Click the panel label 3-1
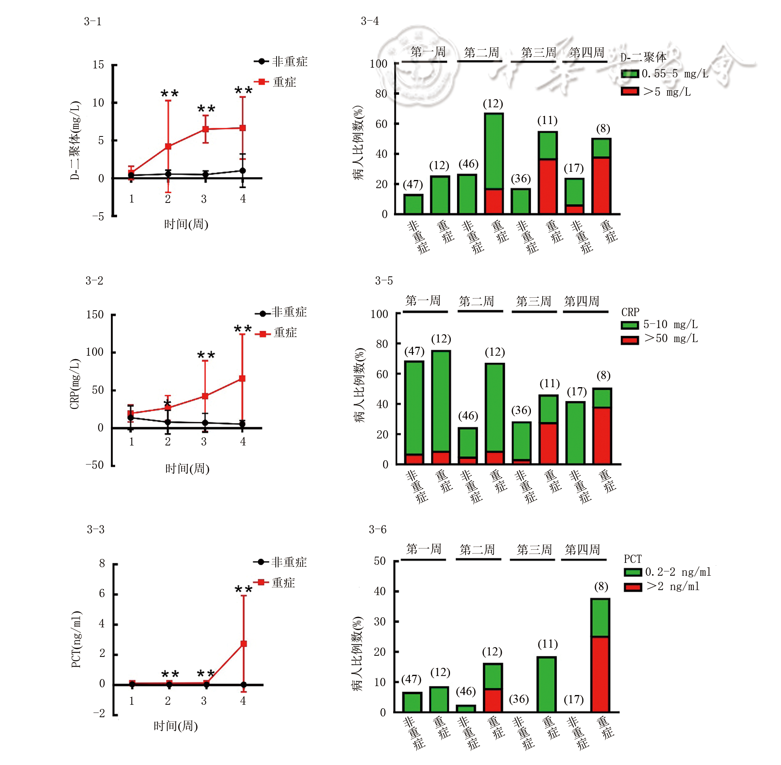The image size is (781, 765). [x=93, y=22]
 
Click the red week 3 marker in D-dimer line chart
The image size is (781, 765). [x=205, y=129]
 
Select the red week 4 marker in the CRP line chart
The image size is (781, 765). [x=242, y=379]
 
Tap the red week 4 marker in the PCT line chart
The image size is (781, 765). [x=243, y=644]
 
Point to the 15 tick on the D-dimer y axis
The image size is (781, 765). [x=98, y=65]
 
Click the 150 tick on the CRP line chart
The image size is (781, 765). [x=95, y=314]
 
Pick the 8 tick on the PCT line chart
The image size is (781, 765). [x=102, y=563]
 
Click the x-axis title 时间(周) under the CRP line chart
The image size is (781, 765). [x=187, y=468]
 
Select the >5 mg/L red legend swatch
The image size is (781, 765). [x=629, y=92]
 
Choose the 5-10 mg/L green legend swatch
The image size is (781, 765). [x=629, y=325]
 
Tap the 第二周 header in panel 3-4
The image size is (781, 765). [x=481, y=52]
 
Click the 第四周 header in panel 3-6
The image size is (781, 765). [x=582, y=549]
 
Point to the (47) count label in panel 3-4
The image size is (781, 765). [x=413, y=184]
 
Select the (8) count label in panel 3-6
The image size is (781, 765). [x=601, y=587]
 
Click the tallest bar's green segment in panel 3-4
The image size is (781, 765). [x=494, y=151]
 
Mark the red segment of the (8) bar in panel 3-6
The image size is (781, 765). [x=600, y=674]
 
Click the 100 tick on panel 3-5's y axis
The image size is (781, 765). [x=379, y=314]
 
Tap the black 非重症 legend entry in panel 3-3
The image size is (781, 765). [x=289, y=562]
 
